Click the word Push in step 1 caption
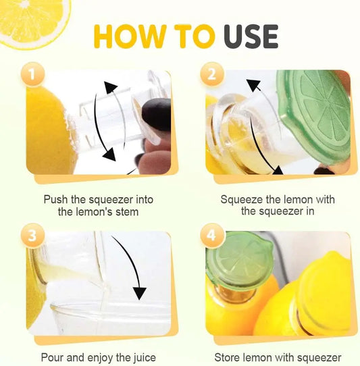56,200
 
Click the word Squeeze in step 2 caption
239,200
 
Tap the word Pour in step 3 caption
52,357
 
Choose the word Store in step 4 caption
228,357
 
